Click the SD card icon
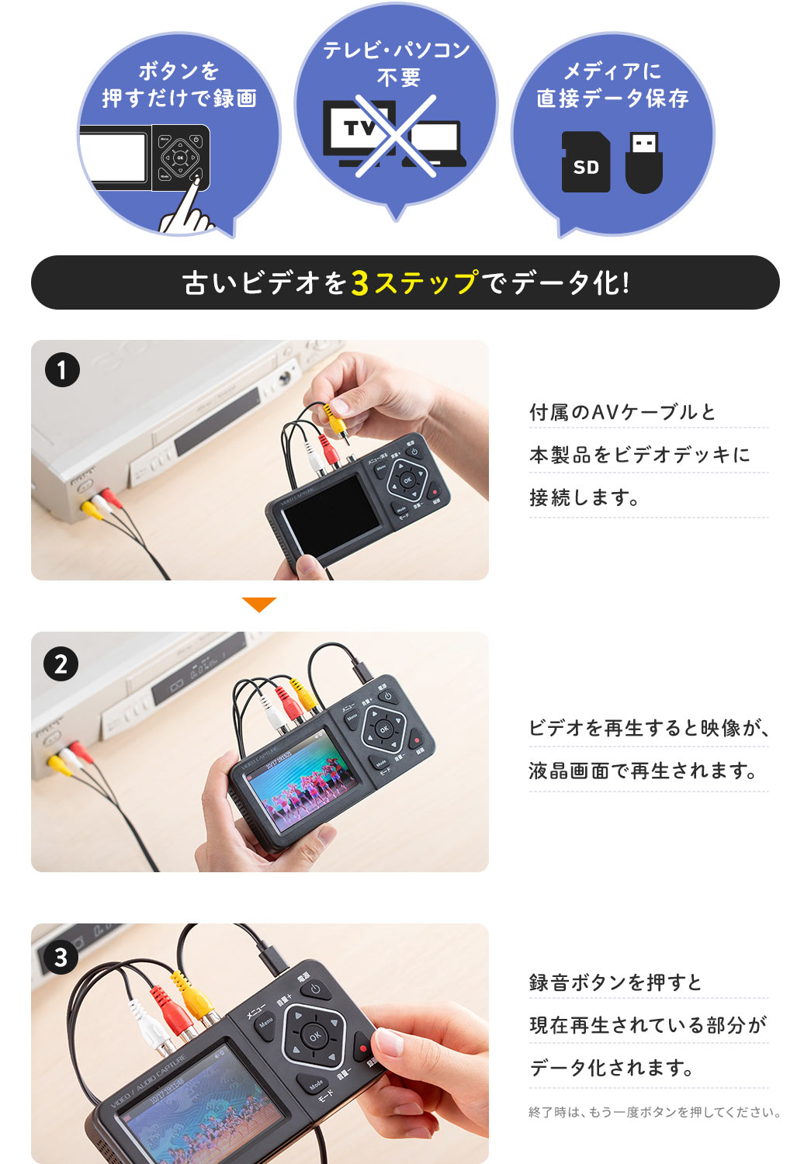coord(585,161)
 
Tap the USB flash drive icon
coord(643,162)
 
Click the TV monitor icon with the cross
coord(359,133)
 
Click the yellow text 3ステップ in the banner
coord(414,282)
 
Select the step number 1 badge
coord(62,369)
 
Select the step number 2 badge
coord(61,664)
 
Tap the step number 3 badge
coord(61,958)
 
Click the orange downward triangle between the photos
coord(259,605)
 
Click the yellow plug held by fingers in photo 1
coord(335,420)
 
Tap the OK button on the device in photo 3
coord(314,1036)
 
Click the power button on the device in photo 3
coord(314,989)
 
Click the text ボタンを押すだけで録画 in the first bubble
coord(178,85)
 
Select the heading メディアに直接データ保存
coord(612,85)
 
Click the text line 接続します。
coord(584,497)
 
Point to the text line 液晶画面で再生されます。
coord(643,771)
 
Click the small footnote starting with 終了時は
coord(654,1112)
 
